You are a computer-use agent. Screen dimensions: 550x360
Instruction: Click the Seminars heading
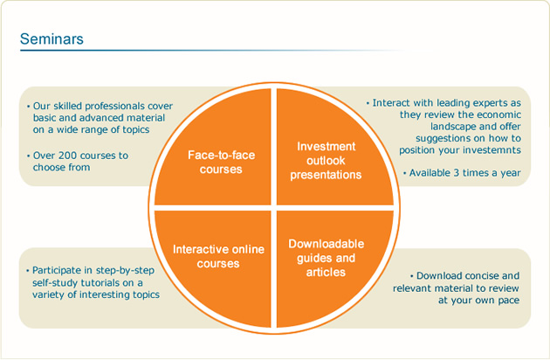(x=52, y=39)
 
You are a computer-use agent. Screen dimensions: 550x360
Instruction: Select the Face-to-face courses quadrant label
(x=221, y=162)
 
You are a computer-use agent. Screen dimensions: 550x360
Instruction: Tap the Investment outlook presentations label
(x=326, y=160)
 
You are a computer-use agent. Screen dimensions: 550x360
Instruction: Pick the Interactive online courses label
(x=218, y=256)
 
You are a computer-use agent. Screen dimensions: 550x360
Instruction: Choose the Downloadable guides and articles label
(x=327, y=258)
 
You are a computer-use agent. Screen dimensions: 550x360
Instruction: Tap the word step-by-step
(x=125, y=271)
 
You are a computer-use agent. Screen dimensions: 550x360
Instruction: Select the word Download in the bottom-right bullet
(x=435, y=276)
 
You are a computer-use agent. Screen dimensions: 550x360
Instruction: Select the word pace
(x=507, y=301)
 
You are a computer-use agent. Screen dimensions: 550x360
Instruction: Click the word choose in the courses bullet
(x=47, y=167)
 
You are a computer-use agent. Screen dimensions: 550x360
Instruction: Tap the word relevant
(x=410, y=288)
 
